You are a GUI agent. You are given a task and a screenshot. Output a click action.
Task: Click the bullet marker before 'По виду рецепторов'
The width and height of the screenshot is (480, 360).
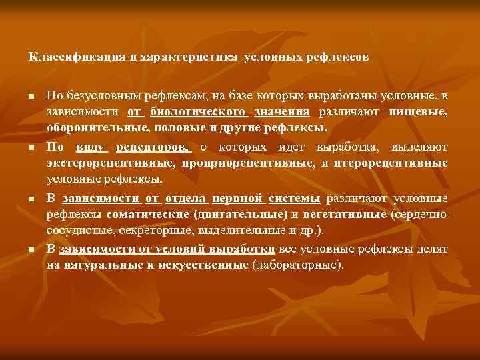pos(32,147)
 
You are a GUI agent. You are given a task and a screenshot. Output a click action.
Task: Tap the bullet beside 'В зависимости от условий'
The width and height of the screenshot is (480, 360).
pos(32,249)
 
